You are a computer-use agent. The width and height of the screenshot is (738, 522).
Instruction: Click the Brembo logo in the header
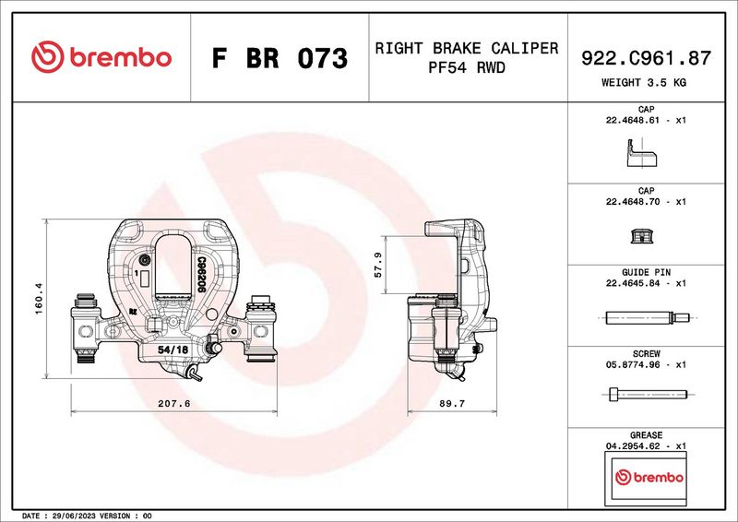(101, 57)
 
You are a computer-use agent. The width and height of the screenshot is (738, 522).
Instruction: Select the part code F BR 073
(280, 59)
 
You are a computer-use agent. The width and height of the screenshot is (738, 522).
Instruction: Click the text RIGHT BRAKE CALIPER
(466, 48)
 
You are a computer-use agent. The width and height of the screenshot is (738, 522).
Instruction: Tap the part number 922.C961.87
(646, 58)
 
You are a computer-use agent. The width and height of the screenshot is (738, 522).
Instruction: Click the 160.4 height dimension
(38, 299)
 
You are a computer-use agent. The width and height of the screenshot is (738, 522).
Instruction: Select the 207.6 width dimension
(174, 403)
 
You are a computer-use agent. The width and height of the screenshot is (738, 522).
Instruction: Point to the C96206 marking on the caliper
(200, 275)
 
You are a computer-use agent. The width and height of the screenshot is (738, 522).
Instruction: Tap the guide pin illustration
(645, 319)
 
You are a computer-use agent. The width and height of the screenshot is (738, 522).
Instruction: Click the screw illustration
(645, 395)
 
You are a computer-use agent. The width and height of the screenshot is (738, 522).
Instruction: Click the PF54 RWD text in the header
(466, 68)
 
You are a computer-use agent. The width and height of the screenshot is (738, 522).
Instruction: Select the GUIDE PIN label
(646, 273)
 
